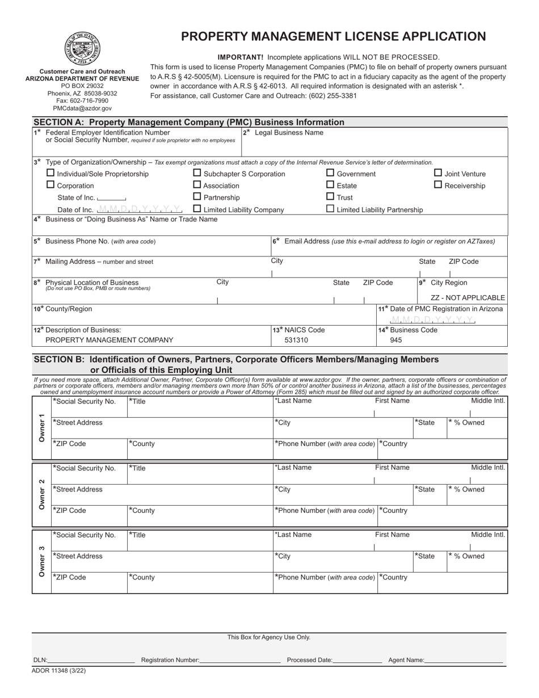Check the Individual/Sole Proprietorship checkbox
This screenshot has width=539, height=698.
50,173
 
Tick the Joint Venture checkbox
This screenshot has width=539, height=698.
438,173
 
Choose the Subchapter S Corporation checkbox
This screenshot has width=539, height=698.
197,173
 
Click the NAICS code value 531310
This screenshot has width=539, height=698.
296,340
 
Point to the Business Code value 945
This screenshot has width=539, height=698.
396,340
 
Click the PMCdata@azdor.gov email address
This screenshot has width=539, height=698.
82,108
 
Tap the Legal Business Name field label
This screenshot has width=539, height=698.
289,133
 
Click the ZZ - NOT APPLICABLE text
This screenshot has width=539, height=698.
468,297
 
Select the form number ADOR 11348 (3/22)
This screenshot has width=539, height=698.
59,670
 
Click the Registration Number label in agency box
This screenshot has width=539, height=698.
170,660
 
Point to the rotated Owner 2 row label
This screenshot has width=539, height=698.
41,494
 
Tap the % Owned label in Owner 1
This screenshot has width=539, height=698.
468,423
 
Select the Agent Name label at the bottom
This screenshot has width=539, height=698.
406,660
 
